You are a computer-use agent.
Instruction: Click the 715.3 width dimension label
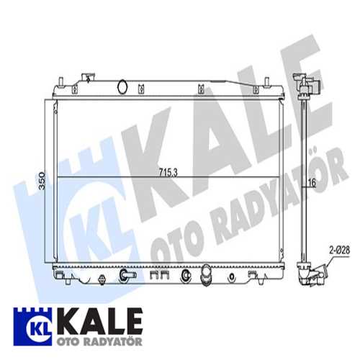point(168,172)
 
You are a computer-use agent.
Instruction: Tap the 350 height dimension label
point(42,181)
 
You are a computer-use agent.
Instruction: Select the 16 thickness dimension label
point(312,183)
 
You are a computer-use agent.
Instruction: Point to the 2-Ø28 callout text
point(340,250)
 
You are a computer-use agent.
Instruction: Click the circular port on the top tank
point(122,86)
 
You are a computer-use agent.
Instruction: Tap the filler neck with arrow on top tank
point(88,78)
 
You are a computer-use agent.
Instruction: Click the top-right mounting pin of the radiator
point(266,81)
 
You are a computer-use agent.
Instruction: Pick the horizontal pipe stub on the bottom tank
point(127,275)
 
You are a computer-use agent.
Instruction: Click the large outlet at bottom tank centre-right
point(206,275)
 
